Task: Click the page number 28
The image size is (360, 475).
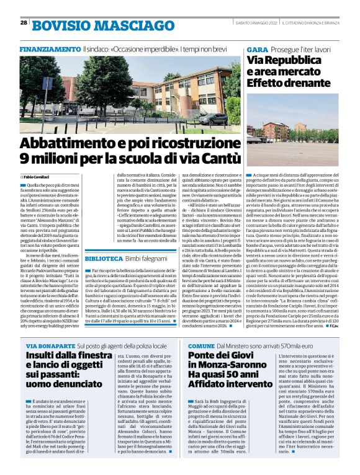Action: click(23, 22)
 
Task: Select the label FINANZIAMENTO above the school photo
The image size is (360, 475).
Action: click(49, 48)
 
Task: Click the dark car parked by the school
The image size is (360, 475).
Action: click(217, 118)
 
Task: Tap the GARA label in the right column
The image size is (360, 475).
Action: click(257, 48)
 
